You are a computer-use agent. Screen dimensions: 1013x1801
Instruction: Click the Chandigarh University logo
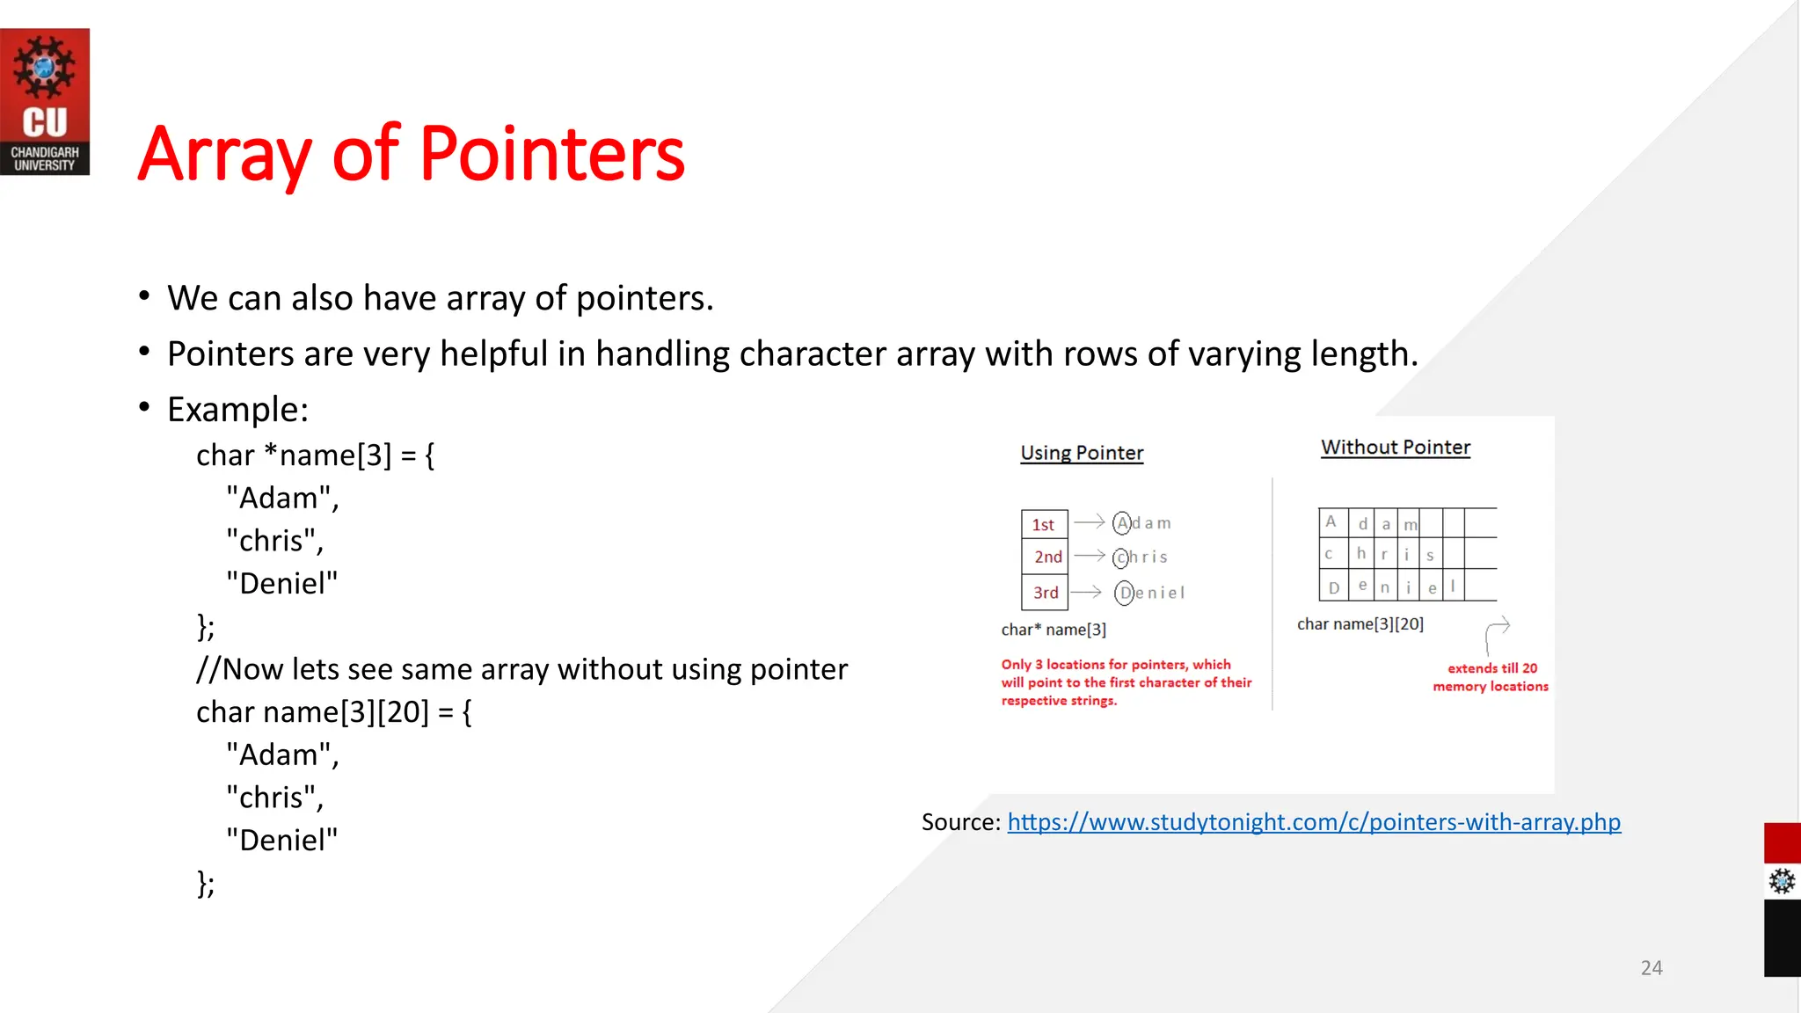coord(45,101)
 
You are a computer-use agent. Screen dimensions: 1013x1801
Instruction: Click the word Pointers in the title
coord(551,155)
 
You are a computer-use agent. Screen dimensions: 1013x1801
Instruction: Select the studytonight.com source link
coord(1313,822)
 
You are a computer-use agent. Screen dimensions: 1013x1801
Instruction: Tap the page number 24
coord(1651,968)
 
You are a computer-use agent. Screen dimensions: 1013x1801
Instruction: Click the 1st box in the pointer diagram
coord(1044,524)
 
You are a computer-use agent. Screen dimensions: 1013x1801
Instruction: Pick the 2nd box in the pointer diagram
coord(1046,557)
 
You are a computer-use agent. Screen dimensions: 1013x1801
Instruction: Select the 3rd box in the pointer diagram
coord(1045,593)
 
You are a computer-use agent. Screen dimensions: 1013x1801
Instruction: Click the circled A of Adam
coord(1122,523)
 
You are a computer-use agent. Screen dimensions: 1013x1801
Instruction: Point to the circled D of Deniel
coord(1125,593)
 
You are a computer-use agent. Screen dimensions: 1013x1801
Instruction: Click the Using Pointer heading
coord(1082,453)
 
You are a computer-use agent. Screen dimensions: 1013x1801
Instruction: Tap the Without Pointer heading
coord(1396,448)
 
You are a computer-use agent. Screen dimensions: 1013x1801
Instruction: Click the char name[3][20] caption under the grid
coord(1360,624)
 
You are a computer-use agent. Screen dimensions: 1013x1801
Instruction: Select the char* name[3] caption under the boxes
coord(1054,630)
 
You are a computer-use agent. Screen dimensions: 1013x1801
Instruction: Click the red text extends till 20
coord(1491,668)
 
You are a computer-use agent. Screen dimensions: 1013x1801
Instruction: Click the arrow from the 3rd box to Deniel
coord(1086,592)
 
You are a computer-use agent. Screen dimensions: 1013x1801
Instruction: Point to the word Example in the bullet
coord(237,410)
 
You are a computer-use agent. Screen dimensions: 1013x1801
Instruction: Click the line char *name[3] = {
coord(315,455)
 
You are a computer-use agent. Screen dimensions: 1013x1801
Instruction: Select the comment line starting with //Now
coord(521,669)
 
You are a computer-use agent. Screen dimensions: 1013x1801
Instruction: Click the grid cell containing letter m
coord(1411,524)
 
